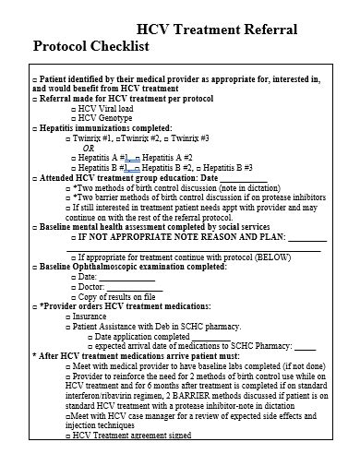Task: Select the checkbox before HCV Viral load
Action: (x=72, y=108)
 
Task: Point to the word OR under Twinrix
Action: (x=89, y=148)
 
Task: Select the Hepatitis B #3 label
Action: (x=228, y=167)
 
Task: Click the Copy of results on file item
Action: (x=115, y=296)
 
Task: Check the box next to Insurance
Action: (x=67, y=317)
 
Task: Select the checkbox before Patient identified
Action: (x=35, y=79)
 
